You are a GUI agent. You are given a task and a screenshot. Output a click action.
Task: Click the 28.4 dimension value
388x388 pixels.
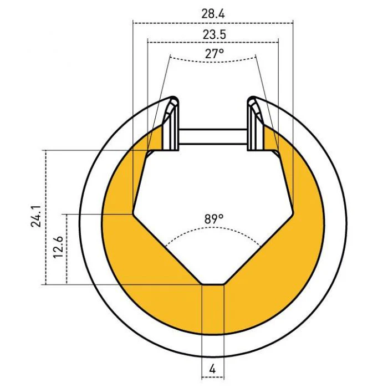pyautogui.click(x=213, y=14)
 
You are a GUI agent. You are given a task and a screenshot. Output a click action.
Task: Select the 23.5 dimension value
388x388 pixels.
pyautogui.click(x=215, y=34)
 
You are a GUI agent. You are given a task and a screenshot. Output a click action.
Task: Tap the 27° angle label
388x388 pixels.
pyautogui.click(x=215, y=53)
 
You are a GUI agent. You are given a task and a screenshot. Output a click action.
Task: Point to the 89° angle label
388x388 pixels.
pyautogui.click(x=214, y=219)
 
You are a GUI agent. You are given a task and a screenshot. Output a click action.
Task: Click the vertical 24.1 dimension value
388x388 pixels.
pyautogui.click(x=36, y=216)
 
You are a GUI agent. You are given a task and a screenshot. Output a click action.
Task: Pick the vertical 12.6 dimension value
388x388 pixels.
pyautogui.click(x=58, y=247)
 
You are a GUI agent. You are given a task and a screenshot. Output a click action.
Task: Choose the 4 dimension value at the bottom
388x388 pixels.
pyautogui.click(x=212, y=370)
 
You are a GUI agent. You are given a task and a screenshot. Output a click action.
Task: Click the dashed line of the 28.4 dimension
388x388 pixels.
pyautogui.click(x=213, y=23)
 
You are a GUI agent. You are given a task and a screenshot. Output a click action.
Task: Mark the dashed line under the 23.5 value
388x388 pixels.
pyautogui.click(x=213, y=42)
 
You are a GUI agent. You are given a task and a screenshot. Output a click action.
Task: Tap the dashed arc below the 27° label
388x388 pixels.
pyautogui.click(x=213, y=61)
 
